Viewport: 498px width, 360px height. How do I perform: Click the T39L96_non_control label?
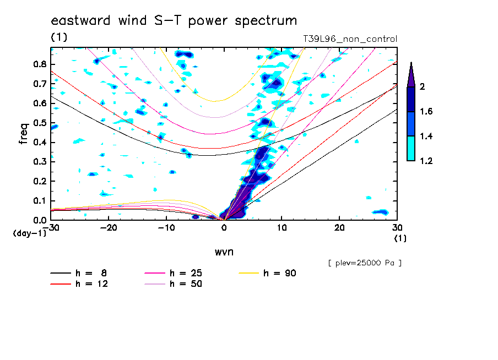[x=350, y=39]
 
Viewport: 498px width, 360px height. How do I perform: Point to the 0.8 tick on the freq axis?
[x=40, y=64]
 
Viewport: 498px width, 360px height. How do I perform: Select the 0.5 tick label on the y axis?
[x=40, y=123]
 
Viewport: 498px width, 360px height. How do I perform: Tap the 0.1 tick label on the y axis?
[x=40, y=201]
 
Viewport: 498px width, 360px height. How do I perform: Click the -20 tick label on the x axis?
[x=109, y=228]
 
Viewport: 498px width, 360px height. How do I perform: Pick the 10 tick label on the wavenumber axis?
[x=282, y=228]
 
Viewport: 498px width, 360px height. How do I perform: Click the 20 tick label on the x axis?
[x=339, y=228]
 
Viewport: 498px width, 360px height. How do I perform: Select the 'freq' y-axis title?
[x=23, y=133]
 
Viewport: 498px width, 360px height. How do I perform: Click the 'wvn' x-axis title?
[x=224, y=252]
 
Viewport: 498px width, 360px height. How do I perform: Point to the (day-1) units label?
[x=29, y=233]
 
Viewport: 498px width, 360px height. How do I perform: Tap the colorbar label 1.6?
[x=426, y=111]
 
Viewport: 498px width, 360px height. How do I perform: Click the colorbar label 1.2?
[x=426, y=161]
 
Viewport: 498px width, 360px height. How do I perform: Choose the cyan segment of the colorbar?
[x=411, y=148]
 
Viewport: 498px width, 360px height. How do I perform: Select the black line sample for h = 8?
[x=61, y=273]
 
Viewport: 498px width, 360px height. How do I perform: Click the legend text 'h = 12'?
[x=91, y=283]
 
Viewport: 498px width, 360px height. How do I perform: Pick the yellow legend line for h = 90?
[x=248, y=273]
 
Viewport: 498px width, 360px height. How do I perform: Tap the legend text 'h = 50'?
[x=186, y=283]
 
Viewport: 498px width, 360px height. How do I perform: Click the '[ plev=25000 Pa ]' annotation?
[x=365, y=263]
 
